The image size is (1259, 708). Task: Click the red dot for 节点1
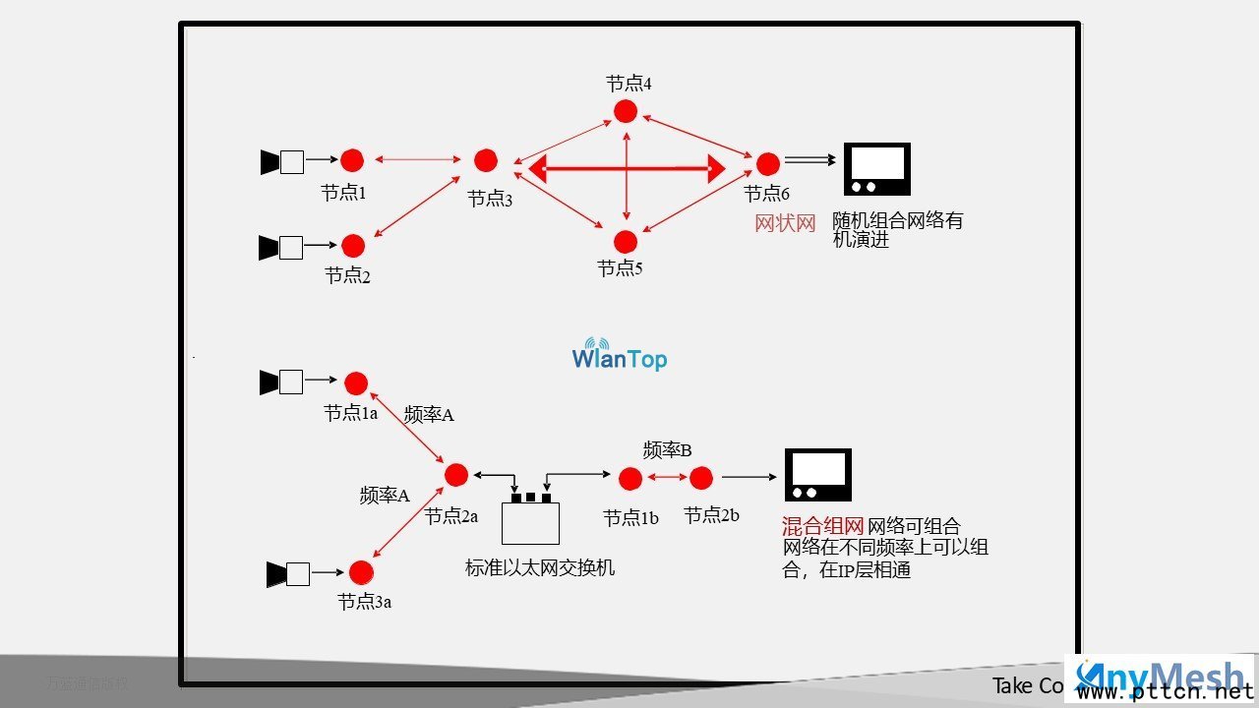click(352, 160)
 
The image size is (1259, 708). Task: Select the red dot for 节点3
click(486, 160)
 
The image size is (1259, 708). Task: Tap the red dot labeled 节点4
click(626, 111)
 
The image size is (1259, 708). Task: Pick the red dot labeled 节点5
click(626, 241)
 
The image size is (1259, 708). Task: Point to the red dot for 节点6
click(768, 163)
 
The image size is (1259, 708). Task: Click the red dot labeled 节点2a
click(456, 475)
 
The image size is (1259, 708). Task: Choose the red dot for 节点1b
click(630, 479)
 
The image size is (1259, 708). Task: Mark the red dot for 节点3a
click(361, 572)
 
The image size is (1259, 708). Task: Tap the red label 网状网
click(785, 223)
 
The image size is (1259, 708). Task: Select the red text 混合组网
click(822, 527)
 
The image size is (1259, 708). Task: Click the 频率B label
click(668, 450)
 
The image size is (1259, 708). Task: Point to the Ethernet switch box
click(530, 521)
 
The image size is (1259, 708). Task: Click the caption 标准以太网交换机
click(540, 568)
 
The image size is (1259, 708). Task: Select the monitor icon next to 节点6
click(877, 169)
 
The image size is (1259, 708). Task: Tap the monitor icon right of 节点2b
click(817, 475)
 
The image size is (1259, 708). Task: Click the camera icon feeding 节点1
click(281, 161)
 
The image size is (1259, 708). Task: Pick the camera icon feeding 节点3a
click(288, 573)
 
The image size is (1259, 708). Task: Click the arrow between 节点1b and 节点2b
click(666, 479)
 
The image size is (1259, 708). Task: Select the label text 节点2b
click(711, 515)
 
